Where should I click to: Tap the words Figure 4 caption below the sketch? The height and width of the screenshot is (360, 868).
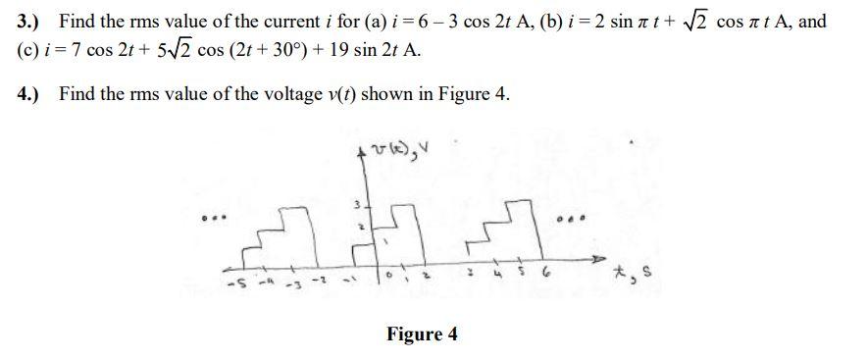click(x=422, y=334)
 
